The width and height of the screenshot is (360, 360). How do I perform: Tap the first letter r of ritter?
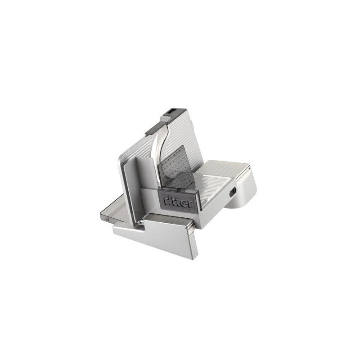[x=165, y=201]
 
